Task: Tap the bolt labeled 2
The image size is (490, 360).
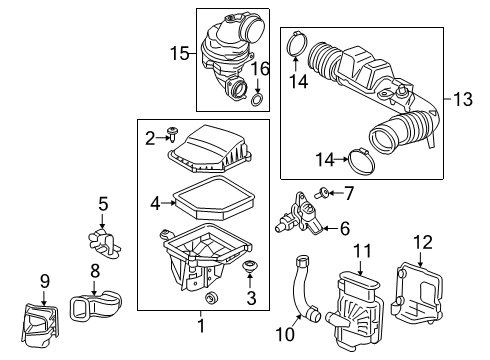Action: [175, 132]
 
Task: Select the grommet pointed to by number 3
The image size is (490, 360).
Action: [249, 266]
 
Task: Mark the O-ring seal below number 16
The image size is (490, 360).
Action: [257, 102]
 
